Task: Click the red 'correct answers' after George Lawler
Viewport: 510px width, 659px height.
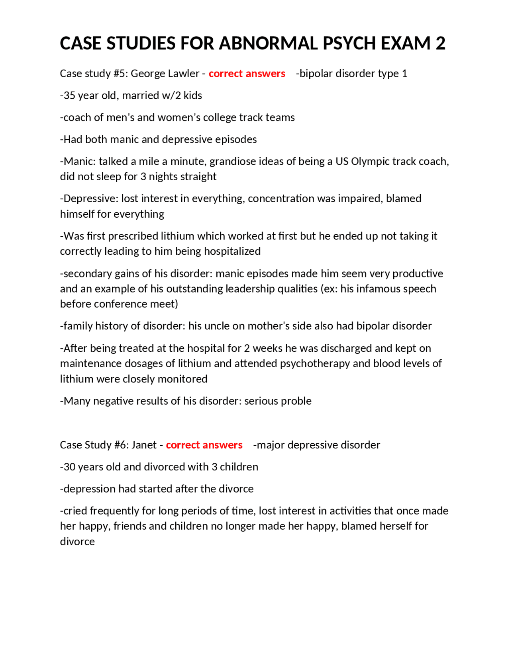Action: [x=247, y=74]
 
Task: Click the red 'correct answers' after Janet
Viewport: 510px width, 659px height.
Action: [x=204, y=445]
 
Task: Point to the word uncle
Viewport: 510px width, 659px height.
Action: [x=216, y=326]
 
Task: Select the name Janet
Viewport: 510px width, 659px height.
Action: [x=144, y=445]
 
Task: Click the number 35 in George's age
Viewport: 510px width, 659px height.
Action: [x=69, y=96]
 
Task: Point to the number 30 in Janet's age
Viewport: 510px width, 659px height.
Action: [x=69, y=467]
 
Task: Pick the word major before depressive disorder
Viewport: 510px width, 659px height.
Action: [x=271, y=445]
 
